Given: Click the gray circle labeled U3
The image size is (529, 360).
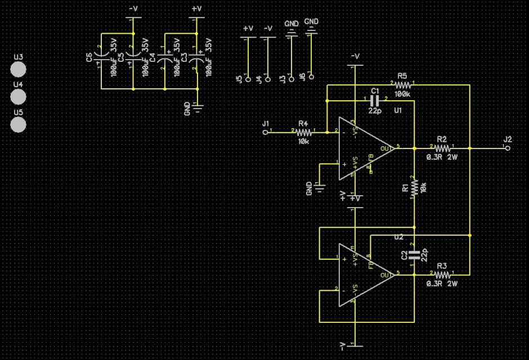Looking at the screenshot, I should point(19,69).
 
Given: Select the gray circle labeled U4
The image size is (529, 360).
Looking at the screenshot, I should point(19,97).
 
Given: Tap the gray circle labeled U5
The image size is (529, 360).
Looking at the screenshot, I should point(19,124).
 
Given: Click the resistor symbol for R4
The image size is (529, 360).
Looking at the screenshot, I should point(304,133).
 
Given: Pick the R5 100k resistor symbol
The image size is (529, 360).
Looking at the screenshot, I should point(402,84).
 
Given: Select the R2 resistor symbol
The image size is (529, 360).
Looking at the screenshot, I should point(442,148).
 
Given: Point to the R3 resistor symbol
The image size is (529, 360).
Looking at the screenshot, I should point(442,275).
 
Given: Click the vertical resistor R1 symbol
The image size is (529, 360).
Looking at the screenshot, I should point(414,187).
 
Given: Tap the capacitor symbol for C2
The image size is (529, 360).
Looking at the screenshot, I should point(414,254).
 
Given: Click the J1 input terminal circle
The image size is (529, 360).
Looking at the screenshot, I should point(265,133).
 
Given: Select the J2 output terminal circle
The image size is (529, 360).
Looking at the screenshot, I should point(508,148).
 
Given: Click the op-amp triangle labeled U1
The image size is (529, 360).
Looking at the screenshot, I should point(363,148).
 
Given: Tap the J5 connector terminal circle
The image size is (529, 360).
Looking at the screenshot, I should point(248,79).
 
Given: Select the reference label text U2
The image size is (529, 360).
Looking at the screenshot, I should point(398,237).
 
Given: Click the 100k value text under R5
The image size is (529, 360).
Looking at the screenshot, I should point(402,94).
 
